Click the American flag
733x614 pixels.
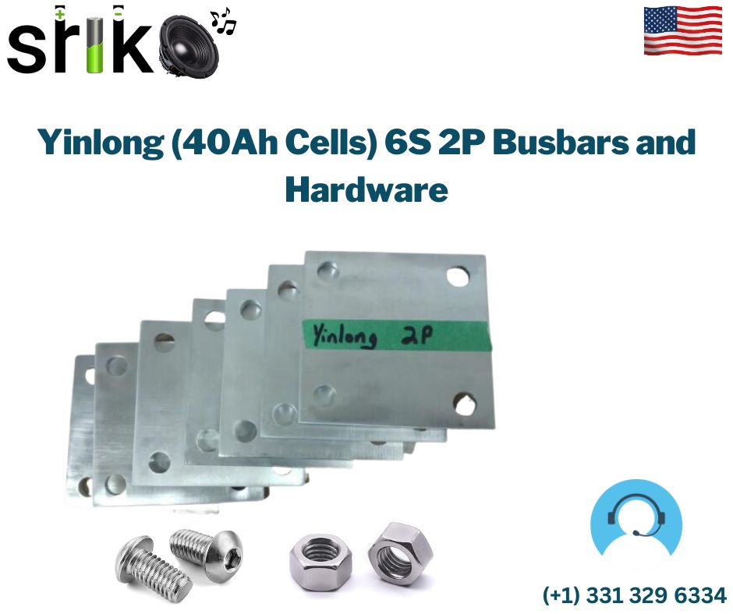[682, 30]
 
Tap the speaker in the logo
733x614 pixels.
[189, 46]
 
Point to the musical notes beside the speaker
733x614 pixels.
[223, 21]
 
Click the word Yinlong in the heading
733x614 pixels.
[100, 142]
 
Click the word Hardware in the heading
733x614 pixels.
[366, 189]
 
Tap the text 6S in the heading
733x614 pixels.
[407, 142]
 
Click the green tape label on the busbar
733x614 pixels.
[396, 336]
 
